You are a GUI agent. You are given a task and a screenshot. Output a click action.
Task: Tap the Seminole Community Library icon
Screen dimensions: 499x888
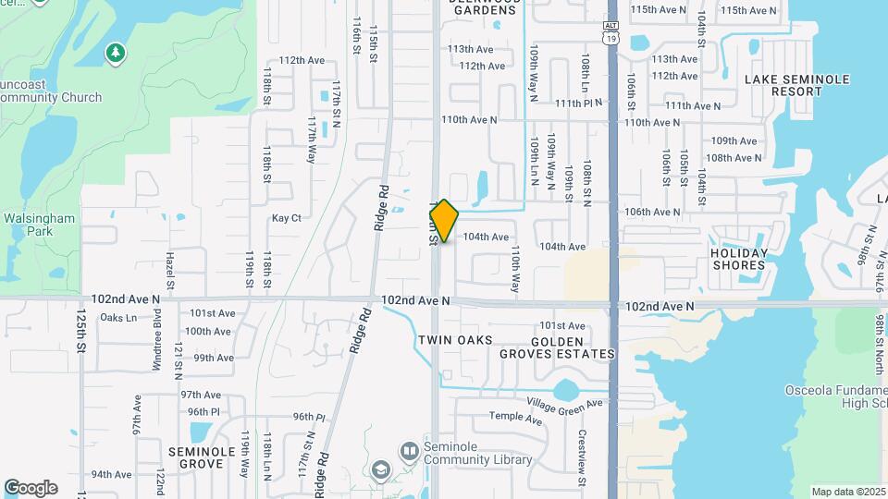(x=410, y=451)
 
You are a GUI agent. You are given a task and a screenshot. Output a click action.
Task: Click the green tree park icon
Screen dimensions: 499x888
(x=115, y=53)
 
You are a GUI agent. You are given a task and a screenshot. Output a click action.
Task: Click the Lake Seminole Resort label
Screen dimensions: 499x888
(x=796, y=86)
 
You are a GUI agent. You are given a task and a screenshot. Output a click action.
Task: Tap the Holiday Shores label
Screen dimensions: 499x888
(x=739, y=259)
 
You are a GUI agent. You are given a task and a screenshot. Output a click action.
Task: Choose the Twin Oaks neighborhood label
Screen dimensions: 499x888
(x=455, y=340)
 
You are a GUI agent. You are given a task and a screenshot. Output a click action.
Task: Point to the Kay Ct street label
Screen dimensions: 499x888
(x=287, y=218)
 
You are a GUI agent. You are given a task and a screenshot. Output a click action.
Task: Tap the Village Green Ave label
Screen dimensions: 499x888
(x=564, y=404)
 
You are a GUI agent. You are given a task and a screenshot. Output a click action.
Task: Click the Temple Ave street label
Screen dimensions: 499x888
(x=515, y=418)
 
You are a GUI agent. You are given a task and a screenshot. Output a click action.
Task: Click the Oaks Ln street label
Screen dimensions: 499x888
(x=117, y=318)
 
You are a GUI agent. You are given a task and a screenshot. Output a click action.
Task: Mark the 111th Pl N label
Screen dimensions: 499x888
(x=579, y=103)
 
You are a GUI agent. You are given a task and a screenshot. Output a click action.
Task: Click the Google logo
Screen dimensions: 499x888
(x=31, y=488)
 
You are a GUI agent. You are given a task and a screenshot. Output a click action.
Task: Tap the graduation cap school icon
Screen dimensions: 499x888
(x=380, y=471)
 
